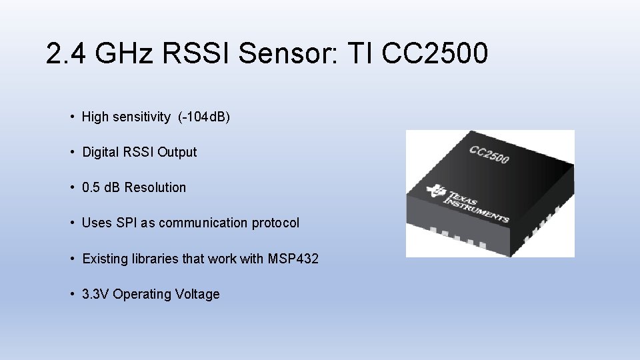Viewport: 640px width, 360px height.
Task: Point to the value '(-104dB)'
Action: click(x=204, y=117)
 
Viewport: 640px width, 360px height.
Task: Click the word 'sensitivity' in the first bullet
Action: click(x=141, y=117)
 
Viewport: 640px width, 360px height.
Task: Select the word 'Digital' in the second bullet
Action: click(x=100, y=152)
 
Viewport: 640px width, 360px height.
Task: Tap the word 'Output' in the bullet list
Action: click(x=177, y=152)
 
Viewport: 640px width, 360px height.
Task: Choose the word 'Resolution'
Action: click(x=155, y=187)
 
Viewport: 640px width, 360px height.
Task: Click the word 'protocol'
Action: click(x=275, y=223)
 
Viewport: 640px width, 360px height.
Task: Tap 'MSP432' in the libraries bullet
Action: click(x=293, y=258)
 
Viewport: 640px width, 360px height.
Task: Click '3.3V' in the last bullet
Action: click(x=96, y=294)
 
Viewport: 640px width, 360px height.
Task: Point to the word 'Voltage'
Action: click(x=197, y=294)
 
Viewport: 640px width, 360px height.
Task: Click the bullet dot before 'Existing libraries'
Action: click(x=71, y=258)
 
